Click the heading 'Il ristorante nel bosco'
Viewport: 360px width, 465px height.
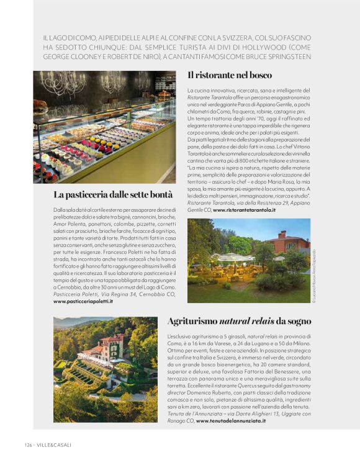[229, 75]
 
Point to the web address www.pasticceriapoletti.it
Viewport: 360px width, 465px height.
[83, 300]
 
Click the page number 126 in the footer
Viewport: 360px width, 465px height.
[28, 445]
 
